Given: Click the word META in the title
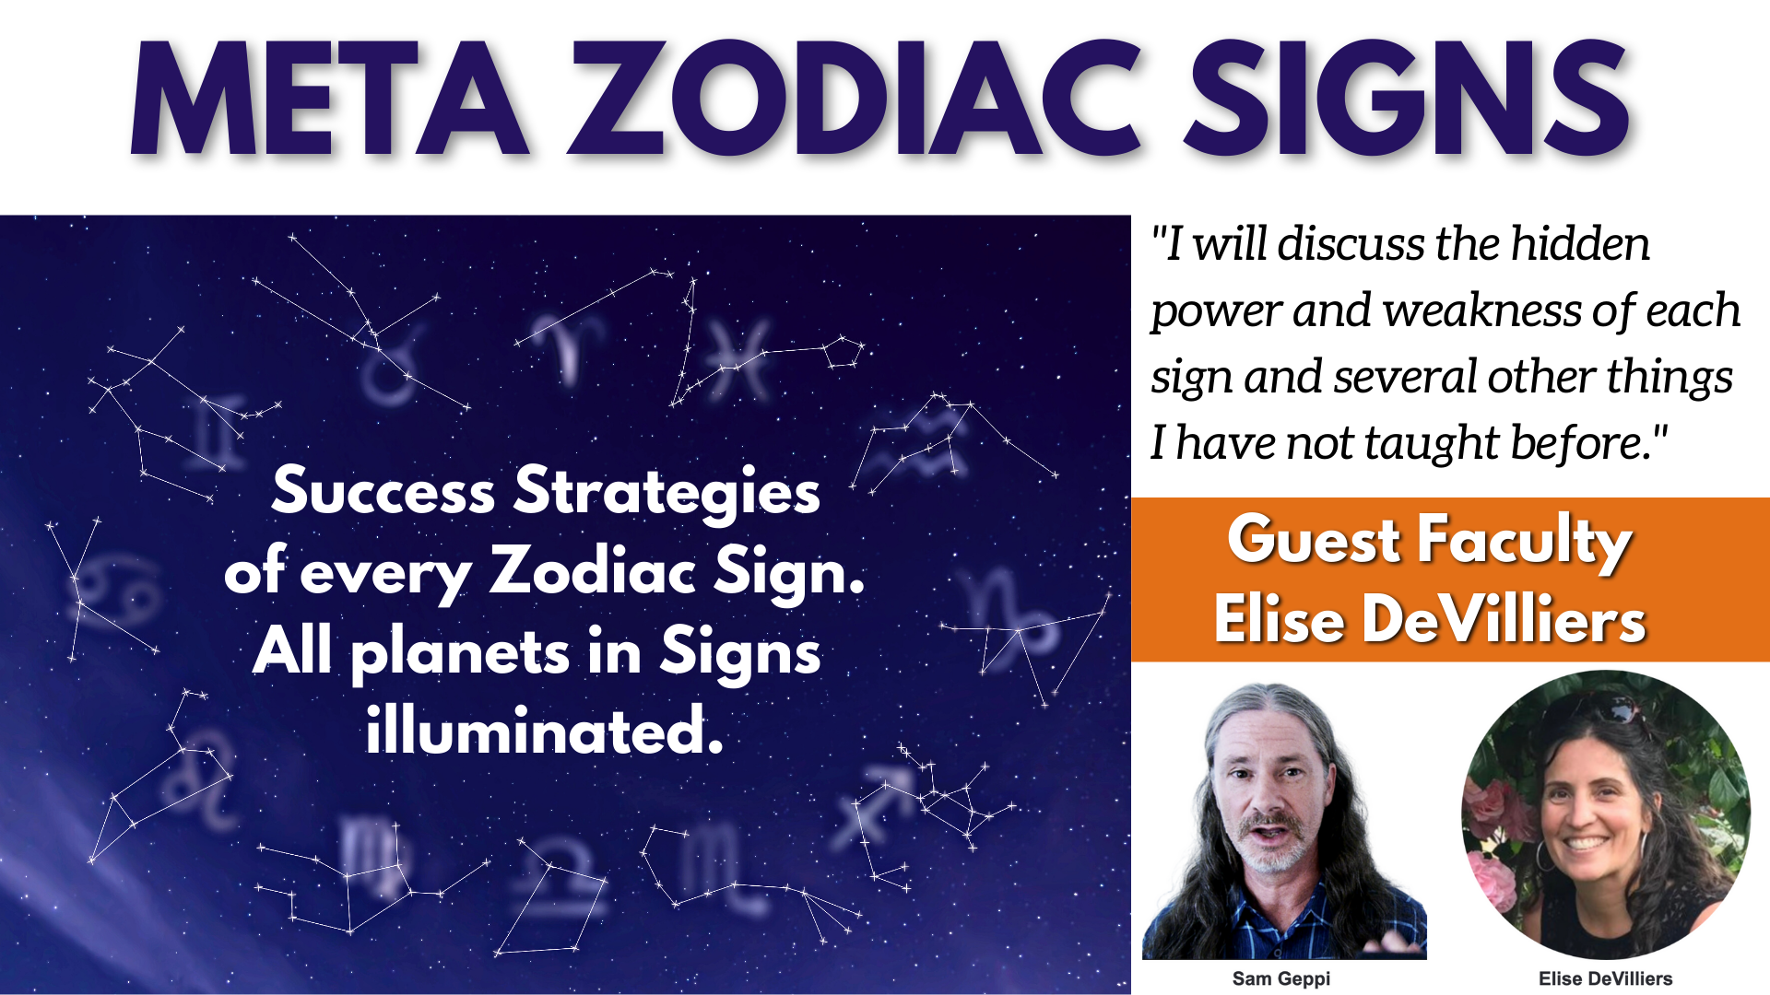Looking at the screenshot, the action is (329, 99).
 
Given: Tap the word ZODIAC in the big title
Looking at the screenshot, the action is (854, 99).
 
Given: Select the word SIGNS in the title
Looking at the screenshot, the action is (1408, 99).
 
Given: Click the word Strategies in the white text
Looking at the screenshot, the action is (667, 492).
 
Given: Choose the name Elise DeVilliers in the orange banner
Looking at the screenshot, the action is (1430, 619).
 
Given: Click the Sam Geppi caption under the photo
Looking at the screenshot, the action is (1281, 978).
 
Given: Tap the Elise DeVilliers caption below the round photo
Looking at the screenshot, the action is (1606, 978).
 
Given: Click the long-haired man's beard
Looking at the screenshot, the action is (1272, 852).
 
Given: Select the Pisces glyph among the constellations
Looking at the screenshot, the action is (738, 360).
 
